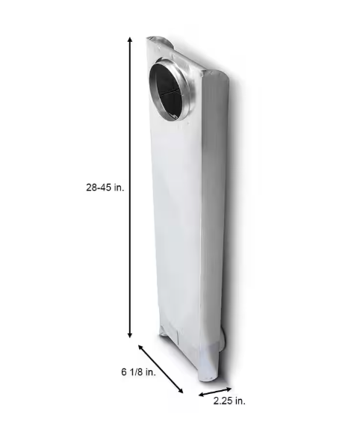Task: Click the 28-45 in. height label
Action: click(x=105, y=188)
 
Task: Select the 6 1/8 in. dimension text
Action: click(x=138, y=372)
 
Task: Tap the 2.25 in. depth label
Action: click(x=229, y=401)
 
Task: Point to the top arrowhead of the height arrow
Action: click(x=130, y=40)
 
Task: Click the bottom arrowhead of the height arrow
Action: click(x=130, y=335)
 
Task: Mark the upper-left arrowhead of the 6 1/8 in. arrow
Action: click(x=140, y=347)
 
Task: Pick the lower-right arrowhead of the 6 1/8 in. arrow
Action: click(x=180, y=391)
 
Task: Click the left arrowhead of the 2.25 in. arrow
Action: click(x=202, y=395)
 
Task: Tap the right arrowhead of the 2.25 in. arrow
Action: click(x=229, y=388)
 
